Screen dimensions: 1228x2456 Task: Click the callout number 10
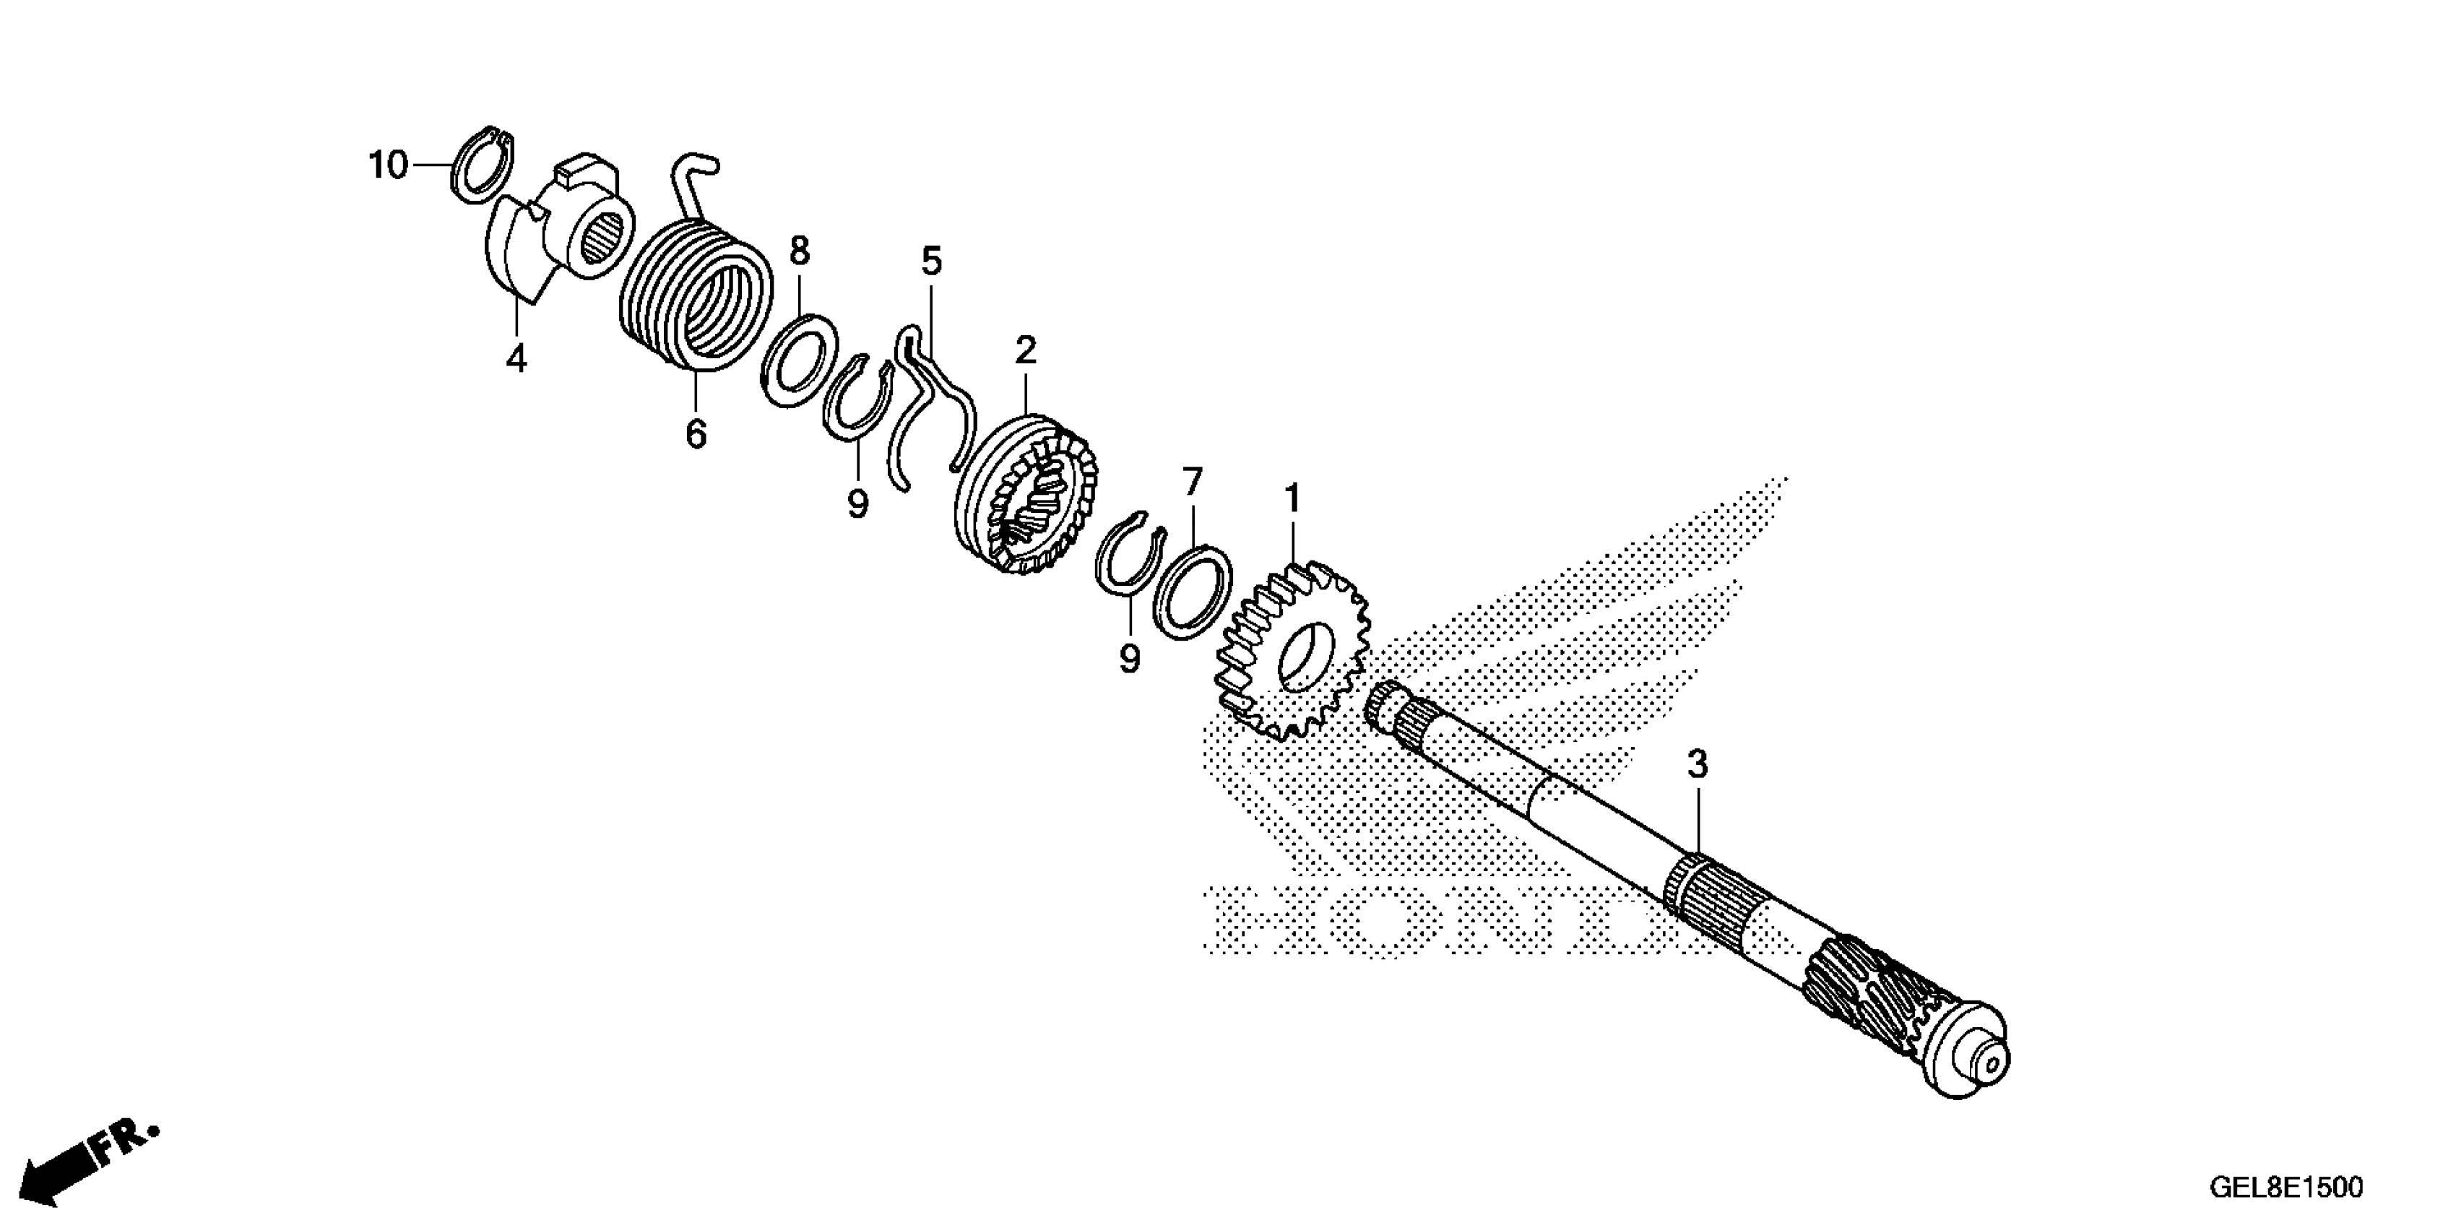[388, 166]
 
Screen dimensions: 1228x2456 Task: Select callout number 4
[516, 360]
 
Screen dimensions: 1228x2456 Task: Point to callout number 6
[696, 435]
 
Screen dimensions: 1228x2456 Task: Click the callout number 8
[799, 251]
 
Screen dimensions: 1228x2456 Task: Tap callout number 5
[932, 260]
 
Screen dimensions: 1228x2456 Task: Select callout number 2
[1025, 351]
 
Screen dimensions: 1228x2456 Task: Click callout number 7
[1193, 483]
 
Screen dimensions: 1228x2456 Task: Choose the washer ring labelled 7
[1192, 591]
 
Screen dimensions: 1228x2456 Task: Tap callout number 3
[1697, 765]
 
